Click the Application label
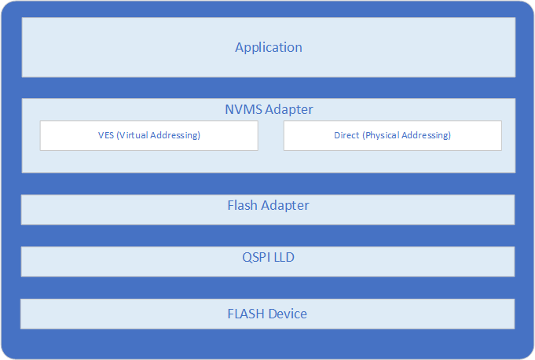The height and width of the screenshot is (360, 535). coord(269,47)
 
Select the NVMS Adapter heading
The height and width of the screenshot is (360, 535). coord(269,109)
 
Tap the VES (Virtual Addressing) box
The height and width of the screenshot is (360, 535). coord(149,135)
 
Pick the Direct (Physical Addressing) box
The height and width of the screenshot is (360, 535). coord(393,135)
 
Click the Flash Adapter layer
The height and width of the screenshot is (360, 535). coord(268,210)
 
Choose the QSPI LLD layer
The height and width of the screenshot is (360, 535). coord(268,262)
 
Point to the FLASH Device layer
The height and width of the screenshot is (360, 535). coord(267,314)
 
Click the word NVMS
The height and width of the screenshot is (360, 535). coord(244,109)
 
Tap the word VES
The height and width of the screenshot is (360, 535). coord(106,135)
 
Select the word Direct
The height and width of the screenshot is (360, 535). coord(346,135)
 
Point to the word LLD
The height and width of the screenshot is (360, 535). coord(284,257)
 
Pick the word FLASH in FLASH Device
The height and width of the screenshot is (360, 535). coord(246,314)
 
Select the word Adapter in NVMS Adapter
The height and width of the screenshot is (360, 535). coord(289,110)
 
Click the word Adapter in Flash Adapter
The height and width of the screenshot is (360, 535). coord(285,206)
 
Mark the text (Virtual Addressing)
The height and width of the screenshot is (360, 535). coord(159,135)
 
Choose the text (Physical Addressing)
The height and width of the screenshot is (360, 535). coord(406,135)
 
